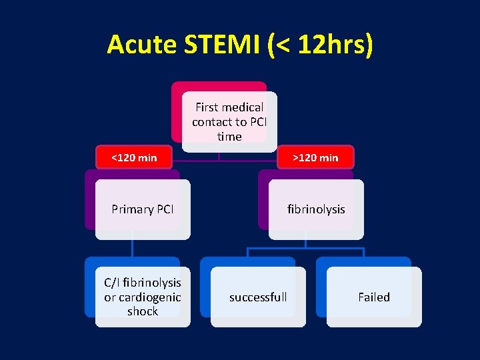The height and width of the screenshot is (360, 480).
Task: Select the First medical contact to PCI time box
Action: point(229,121)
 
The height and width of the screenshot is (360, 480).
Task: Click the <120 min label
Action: point(134,157)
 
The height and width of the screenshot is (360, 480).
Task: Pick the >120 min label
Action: point(316,157)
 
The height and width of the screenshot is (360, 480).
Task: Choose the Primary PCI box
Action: point(142,209)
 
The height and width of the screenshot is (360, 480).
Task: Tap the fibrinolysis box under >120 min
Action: point(316,209)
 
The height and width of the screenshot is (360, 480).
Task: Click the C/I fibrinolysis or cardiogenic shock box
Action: point(142,297)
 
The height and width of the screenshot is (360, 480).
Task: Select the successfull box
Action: point(258,297)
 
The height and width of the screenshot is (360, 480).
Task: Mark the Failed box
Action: point(373,297)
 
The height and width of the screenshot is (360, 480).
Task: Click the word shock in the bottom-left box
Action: point(143,311)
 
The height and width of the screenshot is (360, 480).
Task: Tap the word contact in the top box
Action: point(211,122)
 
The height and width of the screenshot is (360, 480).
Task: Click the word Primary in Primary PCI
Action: point(131,209)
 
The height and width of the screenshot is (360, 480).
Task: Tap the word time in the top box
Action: point(229,137)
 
